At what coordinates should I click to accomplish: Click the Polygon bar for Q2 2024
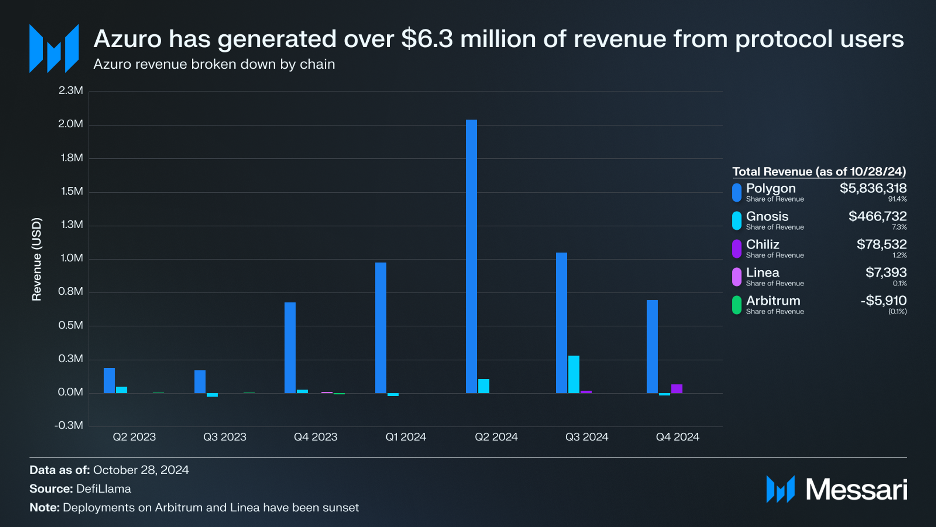[x=471, y=256]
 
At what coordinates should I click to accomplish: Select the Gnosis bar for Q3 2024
[x=573, y=374]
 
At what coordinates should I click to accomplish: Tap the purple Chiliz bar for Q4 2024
[x=676, y=389]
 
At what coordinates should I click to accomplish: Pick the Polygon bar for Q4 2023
[x=290, y=348]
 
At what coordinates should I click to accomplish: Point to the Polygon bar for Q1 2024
[x=381, y=328]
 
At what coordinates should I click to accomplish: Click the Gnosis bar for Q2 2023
[x=121, y=390]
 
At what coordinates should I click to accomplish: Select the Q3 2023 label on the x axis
[x=225, y=437]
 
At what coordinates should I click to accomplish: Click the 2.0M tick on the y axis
[x=70, y=124]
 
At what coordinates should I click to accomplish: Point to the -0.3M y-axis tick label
[x=69, y=426]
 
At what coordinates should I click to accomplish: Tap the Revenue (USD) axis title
[x=37, y=259]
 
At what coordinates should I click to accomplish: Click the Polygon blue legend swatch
[x=736, y=192]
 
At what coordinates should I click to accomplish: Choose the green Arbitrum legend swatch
[x=736, y=305]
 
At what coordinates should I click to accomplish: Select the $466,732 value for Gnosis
[x=877, y=216]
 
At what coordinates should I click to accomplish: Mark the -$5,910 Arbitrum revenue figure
[x=883, y=300]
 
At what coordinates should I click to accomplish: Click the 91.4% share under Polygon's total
[x=897, y=199]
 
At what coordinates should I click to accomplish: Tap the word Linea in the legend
[x=762, y=273]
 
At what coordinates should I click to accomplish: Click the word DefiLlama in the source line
[x=104, y=489]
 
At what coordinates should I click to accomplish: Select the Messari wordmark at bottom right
[x=856, y=489]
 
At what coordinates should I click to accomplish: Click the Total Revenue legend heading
[x=818, y=171]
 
